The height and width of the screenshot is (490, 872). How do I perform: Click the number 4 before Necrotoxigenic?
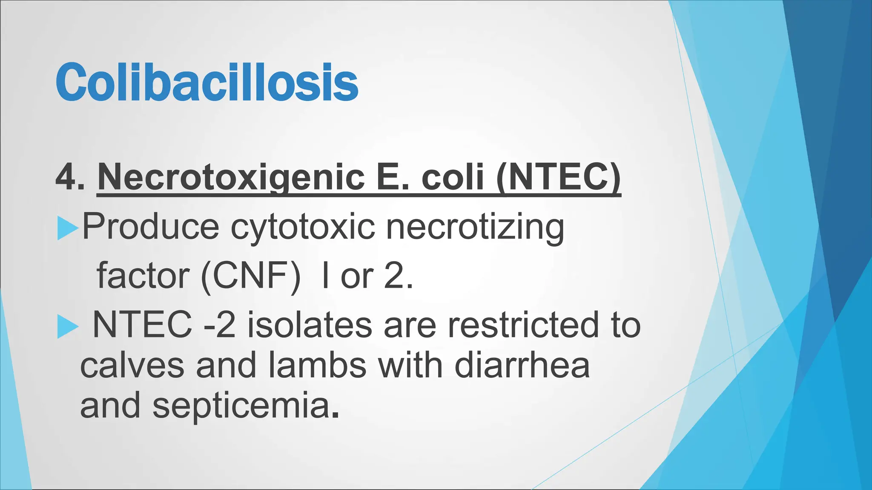[65, 177]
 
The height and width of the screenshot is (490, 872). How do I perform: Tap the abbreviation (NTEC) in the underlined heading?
[558, 177]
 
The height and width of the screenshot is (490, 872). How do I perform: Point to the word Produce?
[150, 226]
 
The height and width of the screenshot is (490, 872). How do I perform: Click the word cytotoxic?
[303, 226]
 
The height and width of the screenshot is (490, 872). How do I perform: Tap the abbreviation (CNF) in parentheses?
[251, 276]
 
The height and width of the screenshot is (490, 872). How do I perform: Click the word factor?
[143, 276]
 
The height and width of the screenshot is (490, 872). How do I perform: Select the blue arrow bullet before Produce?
[67, 228]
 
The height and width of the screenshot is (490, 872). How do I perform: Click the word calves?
[132, 366]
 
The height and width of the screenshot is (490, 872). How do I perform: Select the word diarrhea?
[522, 366]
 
